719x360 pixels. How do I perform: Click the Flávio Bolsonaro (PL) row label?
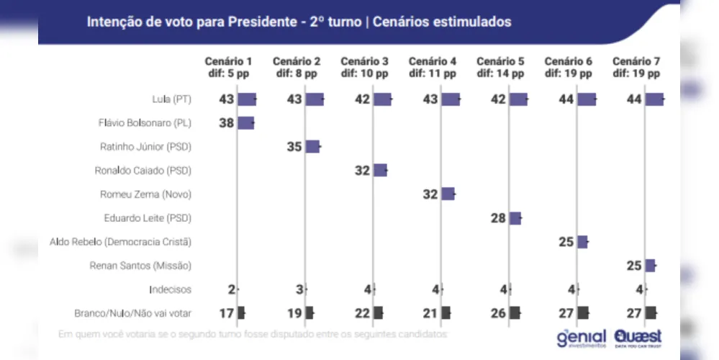tap(145, 123)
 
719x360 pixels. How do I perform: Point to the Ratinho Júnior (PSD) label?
tap(147, 147)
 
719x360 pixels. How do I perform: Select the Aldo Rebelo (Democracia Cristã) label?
tap(120, 242)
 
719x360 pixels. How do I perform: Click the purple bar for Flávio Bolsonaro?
tap(245, 123)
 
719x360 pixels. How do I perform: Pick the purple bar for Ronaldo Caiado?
tap(380, 171)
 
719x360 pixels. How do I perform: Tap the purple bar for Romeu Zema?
tap(448, 194)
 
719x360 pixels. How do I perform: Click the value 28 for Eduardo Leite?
tap(498, 218)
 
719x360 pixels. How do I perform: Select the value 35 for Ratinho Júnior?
tap(294, 147)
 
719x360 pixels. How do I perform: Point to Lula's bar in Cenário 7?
tap(654, 99)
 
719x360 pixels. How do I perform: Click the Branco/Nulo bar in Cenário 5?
tap(515, 312)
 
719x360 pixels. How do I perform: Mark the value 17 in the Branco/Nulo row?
tap(227, 312)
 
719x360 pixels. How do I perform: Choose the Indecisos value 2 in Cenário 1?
tap(232, 289)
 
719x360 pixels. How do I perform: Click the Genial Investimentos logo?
tap(582, 337)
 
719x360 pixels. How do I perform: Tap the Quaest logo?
tap(638, 337)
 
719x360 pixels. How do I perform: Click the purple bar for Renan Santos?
tap(650, 266)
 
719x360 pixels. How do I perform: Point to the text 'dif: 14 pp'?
tap(499, 73)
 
